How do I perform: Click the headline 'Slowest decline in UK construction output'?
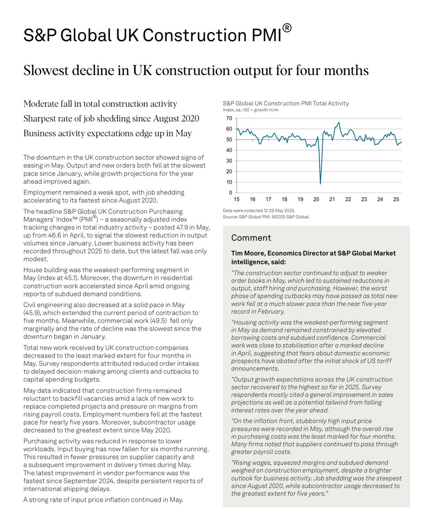coord(196,70)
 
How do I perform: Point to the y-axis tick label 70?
coord(229,118)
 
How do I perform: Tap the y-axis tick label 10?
coord(229,182)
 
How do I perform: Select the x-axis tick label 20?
coord(316,200)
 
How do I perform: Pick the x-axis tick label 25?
coord(396,200)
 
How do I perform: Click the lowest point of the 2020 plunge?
coord(320,184)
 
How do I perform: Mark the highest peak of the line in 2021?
coord(338,122)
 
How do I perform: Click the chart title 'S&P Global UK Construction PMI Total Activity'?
coord(286,104)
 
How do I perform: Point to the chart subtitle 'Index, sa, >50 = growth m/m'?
coord(251,110)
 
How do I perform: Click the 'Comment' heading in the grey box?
coord(251,238)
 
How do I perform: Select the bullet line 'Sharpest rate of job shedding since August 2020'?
coord(111,118)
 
